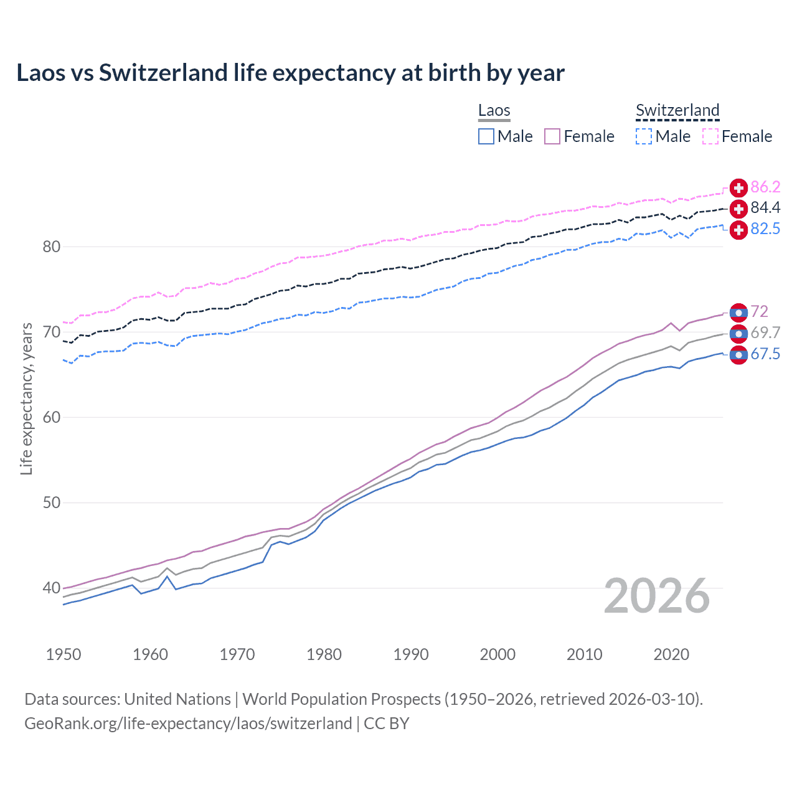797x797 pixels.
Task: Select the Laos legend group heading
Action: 494,110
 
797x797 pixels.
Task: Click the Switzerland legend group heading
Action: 677,110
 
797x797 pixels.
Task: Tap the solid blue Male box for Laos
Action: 486,136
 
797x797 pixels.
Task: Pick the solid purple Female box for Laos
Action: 552,136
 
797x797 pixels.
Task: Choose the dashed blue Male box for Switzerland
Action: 644,136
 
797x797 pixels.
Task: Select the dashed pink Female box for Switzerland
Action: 710,136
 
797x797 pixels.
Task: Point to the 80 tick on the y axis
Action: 51,247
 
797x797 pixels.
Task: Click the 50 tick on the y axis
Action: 51,502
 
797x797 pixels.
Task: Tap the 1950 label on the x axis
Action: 64,654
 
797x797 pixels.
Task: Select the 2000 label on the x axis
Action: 498,654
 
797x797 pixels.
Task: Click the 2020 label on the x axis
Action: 671,654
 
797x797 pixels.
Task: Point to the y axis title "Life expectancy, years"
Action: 26,399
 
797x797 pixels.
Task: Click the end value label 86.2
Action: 765,187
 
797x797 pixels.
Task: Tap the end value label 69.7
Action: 765,333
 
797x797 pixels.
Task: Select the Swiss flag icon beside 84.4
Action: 738,208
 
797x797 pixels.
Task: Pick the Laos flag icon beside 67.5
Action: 738,355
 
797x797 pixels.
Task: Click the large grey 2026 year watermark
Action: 657,596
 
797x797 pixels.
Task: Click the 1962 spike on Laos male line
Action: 167,577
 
